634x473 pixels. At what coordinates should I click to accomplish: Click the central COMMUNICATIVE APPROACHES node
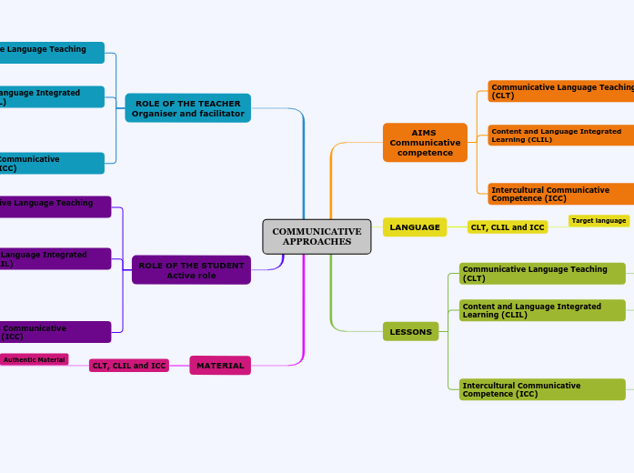pyautogui.click(x=317, y=236)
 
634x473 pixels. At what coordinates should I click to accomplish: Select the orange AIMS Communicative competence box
pyautogui.click(x=425, y=143)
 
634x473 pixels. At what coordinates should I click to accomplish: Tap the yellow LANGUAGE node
pyautogui.click(x=415, y=227)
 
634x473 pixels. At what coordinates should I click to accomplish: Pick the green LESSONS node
pyautogui.click(x=411, y=332)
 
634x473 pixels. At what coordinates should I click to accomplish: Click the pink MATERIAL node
pyautogui.click(x=220, y=366)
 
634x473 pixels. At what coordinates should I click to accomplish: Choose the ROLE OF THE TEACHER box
pyautogui.click(x=187, y=108)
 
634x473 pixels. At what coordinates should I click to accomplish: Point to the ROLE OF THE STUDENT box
pyautogui.click(x=191, y=270)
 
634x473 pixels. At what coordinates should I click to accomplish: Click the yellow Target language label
pyautogui.click(x=599, y=221)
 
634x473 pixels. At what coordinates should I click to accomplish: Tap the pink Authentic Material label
pyautogui.click(x=35, y=360)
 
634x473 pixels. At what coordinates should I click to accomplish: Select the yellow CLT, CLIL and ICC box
pyautogui.click(x=508, y=227)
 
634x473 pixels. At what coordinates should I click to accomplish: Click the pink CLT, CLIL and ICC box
pyautogui.click(x=128, y=366)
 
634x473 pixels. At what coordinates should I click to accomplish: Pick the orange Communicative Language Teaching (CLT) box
pyautogui.click(x=560, y=91)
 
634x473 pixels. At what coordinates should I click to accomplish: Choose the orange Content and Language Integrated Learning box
pyautogui.click(x=560, y=136)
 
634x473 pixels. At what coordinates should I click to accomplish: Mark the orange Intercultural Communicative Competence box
pyautogui.click(x=560, y=194)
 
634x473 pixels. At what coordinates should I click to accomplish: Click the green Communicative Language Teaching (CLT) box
pyautogui.click(x=542, y=274)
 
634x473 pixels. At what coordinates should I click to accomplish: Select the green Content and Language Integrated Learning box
pyautogui.click(x=542, y=310)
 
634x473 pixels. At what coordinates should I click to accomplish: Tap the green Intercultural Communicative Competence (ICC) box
pyautogui.click(x=542, y=389)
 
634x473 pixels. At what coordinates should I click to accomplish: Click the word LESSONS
pyautogui.click(x=411, y=332)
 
